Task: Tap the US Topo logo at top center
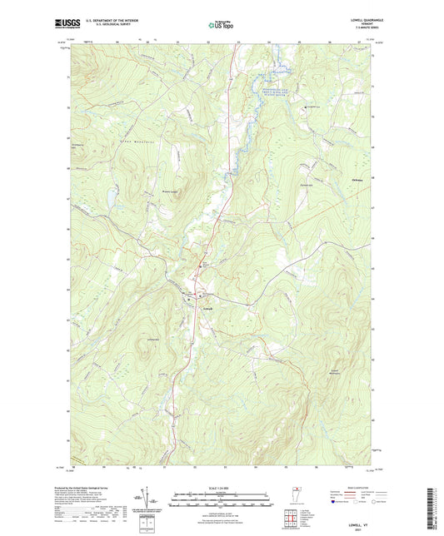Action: point(222,26)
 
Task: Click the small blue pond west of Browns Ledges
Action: point(109,196)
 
